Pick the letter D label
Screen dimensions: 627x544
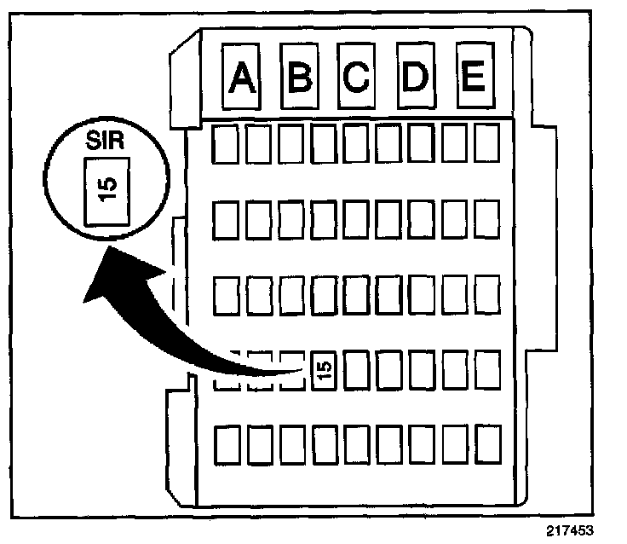coord(415,78)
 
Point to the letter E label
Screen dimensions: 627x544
coord(471,78)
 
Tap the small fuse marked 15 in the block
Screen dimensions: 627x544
coord(324,369)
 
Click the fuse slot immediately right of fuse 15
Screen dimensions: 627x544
coord(356,369)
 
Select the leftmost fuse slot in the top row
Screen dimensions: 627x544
coord(226,145)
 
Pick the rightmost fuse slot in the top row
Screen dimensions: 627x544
coord(486,145)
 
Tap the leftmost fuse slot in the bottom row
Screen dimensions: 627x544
coord(226,443)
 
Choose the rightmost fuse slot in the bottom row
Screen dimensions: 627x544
coord(486,443)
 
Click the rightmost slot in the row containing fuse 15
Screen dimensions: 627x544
coord(486,369)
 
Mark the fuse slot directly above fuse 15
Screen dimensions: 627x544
coord(324,294)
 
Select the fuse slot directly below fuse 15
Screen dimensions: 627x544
coord(324,443)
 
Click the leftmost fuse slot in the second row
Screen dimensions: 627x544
coord(226,220)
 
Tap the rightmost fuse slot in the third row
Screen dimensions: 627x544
coord(486,294)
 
